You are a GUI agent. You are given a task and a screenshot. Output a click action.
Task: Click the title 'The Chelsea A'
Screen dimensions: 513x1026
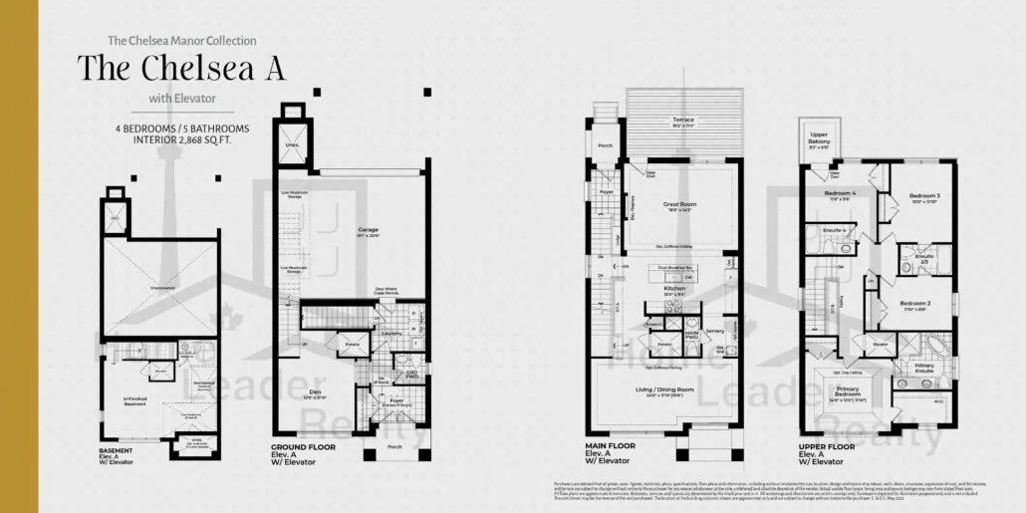pos(181,69)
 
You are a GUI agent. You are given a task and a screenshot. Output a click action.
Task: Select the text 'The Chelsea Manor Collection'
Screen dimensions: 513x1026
pos(181,41)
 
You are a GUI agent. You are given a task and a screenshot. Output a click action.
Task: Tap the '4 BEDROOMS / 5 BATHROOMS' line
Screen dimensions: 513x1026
pos(181,128)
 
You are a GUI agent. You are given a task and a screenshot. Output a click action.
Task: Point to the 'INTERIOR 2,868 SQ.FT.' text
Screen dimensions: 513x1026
pos(181,140)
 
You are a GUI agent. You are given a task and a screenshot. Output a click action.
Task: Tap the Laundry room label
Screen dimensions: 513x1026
pos(391,334)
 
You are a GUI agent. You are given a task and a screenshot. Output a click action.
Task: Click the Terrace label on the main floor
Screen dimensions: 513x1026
pos(683,120)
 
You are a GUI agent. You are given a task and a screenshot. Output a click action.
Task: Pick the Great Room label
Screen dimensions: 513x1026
pos(679,204)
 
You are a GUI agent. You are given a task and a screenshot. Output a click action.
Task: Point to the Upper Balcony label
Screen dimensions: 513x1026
pos(819,136)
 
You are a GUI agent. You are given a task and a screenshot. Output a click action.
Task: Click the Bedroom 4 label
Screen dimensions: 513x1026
pos(840,193)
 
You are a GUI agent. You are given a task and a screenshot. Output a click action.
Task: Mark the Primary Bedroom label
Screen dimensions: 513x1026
pos(848,391)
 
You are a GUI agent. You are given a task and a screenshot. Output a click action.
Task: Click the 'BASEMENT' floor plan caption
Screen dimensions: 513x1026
pos(116,449)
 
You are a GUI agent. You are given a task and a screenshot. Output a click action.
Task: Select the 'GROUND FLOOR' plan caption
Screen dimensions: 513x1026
pos(303,447)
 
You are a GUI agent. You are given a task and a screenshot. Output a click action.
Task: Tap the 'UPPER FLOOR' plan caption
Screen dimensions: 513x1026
pos(826,447)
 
